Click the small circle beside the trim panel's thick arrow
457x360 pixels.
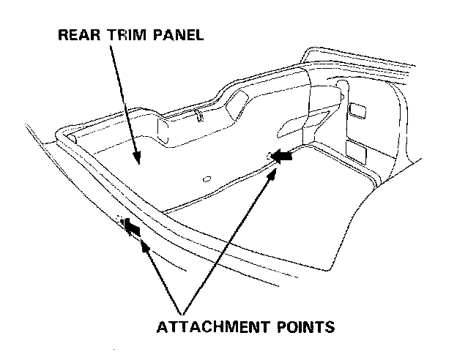[270, 154]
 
